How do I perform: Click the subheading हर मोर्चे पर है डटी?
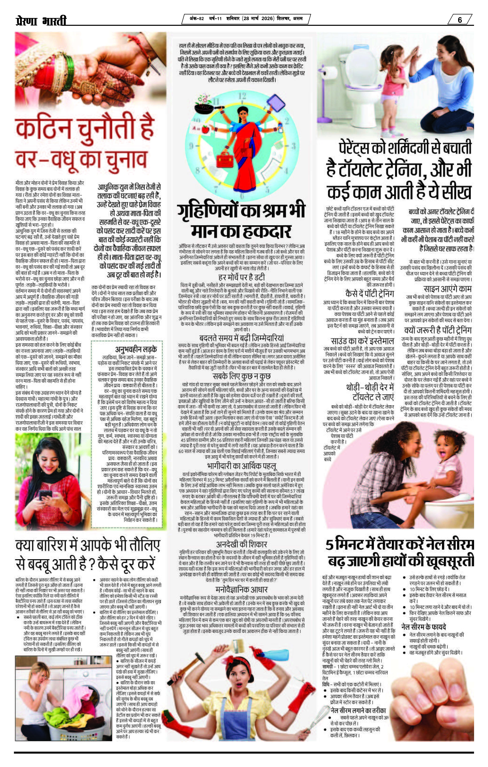click(x=241, y=277)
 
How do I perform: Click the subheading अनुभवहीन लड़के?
click(x=136, y=349)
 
